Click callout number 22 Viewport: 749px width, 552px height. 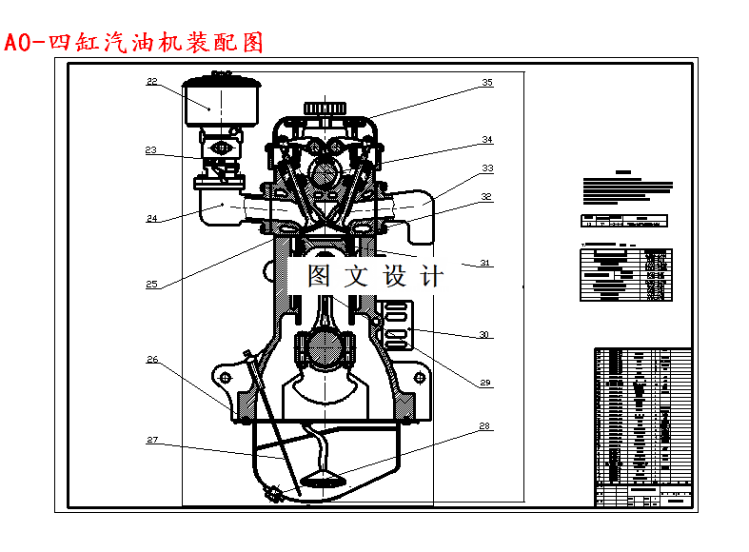coord(151,82)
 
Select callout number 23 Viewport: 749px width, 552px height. coord(151,149)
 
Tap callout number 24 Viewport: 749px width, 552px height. coord(151,218)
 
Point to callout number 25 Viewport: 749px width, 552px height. coord(151,284)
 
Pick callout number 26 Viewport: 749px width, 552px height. coord(151,360)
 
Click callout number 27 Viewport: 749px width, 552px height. coord(151,440)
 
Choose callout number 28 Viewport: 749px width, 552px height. coord(484,425)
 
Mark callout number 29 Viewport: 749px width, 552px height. coord(484,383)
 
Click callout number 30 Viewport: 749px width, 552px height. coord(484,334)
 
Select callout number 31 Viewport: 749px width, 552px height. coord(484,263)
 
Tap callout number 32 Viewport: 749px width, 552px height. coord(486,197)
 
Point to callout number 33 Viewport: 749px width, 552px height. coord(487,168)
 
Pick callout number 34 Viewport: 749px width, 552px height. coord(487,140)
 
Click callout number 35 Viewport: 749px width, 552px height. coord(487,83)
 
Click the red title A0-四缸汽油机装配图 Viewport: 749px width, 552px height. coord(133,43)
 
